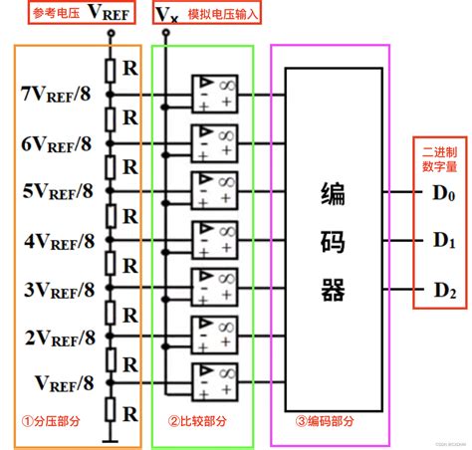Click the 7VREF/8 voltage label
(56, 95)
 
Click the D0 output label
(443, 195)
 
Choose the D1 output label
(443, 242)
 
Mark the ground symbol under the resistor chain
(112, 439)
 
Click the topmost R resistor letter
(129, 69)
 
